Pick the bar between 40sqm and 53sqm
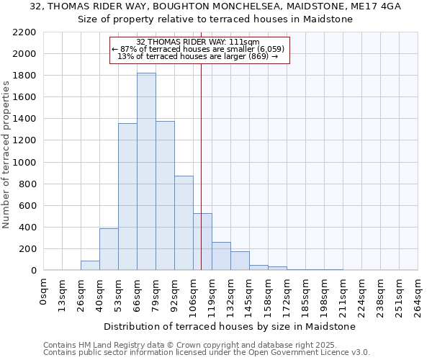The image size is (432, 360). [109, 249]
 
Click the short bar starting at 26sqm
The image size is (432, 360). [90, 266]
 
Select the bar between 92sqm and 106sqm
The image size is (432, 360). [184, 223]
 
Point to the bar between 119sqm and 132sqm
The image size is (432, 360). [221, 256]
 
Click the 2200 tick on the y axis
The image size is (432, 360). [25, 32]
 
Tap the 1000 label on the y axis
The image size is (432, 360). [25, 163]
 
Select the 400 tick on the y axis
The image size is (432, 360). [28, 228]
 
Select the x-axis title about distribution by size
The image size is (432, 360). [230, 326]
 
